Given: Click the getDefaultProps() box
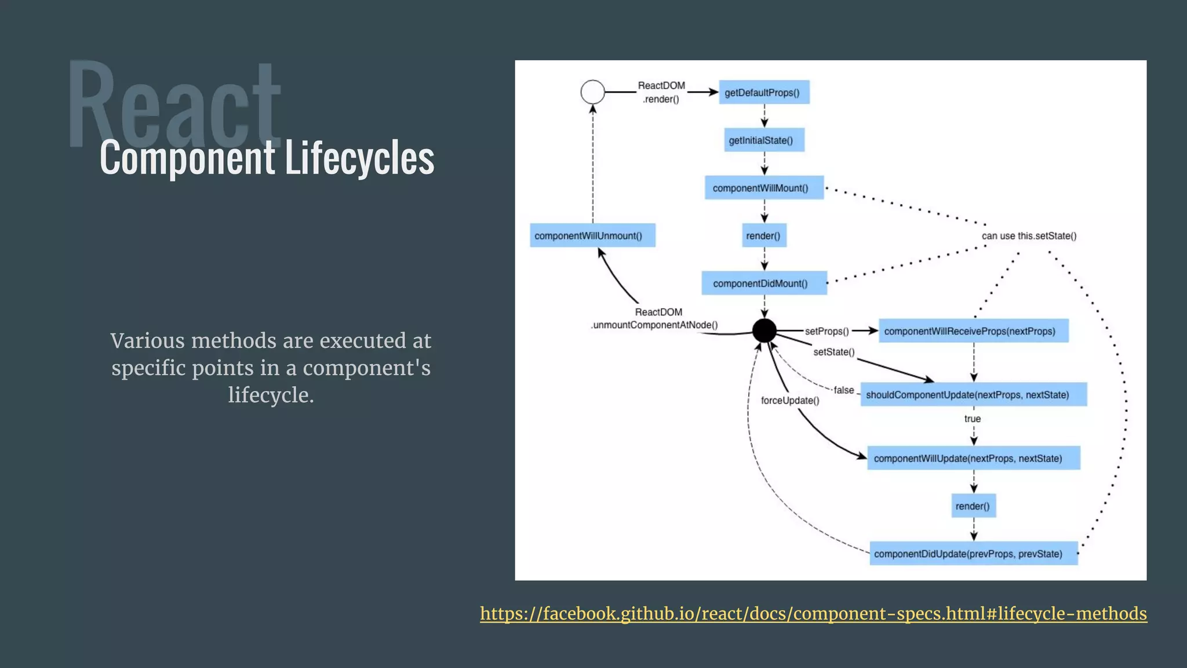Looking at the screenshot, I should tap(764, 92).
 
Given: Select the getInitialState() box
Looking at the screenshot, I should tap(764, 140).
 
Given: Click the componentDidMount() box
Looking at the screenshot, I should tap(764, 284).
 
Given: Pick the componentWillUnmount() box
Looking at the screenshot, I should tap(592, 235).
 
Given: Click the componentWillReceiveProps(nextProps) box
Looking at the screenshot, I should tap(973, 331).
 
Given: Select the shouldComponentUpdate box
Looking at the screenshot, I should tap(973, 395).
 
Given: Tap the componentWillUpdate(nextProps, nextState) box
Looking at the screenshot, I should tap(973, 458).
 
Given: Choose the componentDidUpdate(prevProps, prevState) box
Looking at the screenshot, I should tap(973, 554).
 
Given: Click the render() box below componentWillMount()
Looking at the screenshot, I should tap(764, 235).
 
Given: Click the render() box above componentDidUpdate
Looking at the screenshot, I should tap(973, 506).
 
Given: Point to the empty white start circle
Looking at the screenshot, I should tap(592, 92).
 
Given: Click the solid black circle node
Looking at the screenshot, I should tap(764, 331).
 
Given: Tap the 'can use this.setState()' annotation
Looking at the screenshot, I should tap(1029, 236).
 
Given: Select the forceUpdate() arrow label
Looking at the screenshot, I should tap(790, 401).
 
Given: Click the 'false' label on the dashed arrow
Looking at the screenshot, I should tap(844, 390).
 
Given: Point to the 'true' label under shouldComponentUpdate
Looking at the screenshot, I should tap(973, 419).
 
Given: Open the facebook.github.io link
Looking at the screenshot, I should tap(813, 613).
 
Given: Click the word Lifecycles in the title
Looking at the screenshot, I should tap(359, 158).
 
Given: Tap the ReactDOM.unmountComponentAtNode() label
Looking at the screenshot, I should tap(655, 319).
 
